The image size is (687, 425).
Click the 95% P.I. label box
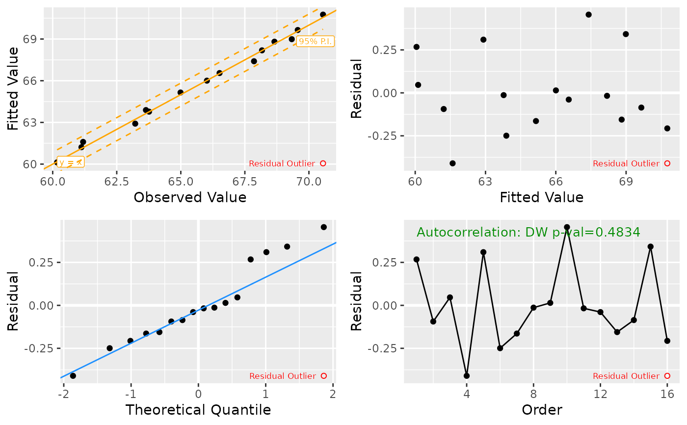[x=316, y=41]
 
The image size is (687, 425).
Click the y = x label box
[x=71, y=162]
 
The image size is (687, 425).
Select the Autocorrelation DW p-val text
[x=528, y=232]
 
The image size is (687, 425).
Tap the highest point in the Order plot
[x=567, y=227]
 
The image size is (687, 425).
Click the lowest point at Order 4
[x=467, y=376]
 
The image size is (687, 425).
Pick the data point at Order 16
[x=667, y=341]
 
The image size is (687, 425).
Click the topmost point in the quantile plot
[x=324, y=227]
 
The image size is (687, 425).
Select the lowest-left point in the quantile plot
[x=73, y=376]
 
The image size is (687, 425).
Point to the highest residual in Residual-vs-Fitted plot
[x=588, y=15]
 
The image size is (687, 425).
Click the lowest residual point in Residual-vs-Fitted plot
[x=452, y=163]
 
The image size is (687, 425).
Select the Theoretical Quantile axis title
[x=198, y=410]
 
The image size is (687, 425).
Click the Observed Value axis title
[x=190, y=197]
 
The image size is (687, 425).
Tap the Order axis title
[x=542, y=410]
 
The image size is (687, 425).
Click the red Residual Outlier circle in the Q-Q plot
[x=323, y=376]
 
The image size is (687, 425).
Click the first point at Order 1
[x=417, y=259]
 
